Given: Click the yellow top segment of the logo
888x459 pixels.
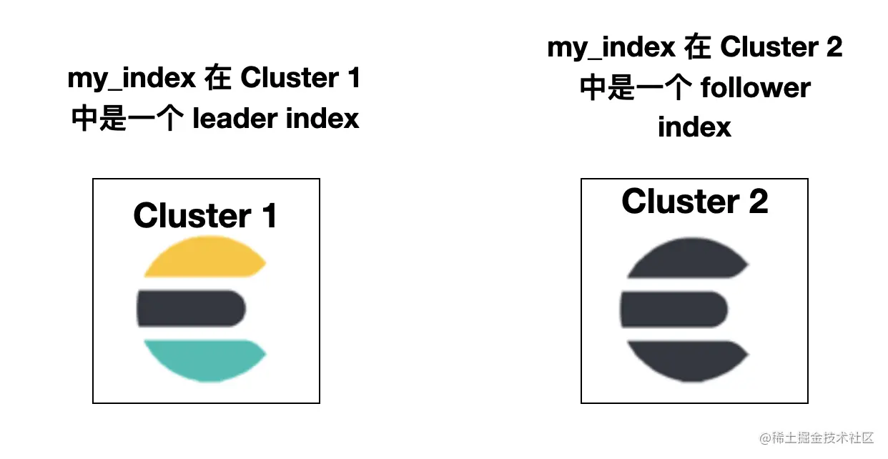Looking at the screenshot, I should [x=204, y=259].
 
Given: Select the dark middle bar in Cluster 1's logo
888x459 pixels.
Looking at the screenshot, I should [x=192, y=309].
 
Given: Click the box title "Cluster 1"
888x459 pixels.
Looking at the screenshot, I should [x=205, y=215].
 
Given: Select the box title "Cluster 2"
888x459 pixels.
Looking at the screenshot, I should [x=694, y=201].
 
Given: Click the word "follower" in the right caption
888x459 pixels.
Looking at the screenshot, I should [x=755, y=87].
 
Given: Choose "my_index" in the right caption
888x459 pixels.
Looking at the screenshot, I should [x=611, y=47].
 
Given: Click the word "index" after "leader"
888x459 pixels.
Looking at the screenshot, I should [x=322, y=118].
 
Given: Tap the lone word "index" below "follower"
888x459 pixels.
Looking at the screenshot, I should [x=694, y=127].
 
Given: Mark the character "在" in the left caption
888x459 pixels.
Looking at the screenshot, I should [x=218, y=78].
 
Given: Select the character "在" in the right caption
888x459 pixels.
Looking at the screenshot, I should [x=698, y=47].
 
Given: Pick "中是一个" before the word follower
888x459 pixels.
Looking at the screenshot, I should [x=634, y=87].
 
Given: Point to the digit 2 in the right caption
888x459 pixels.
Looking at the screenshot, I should [x=834, y=47].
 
